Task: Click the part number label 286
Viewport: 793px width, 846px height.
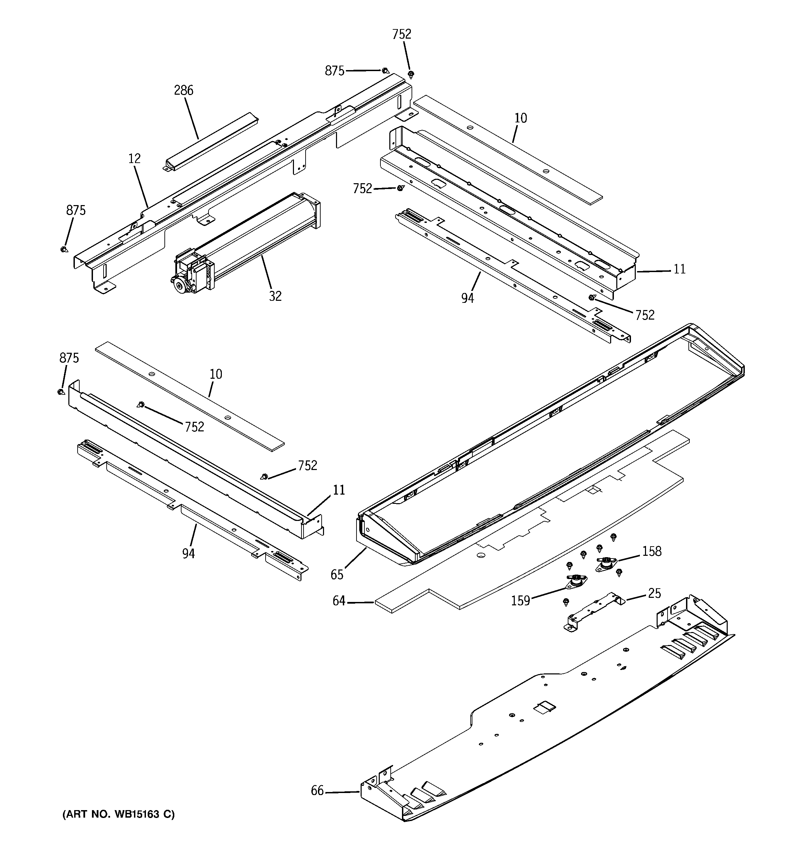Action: coord(184,90)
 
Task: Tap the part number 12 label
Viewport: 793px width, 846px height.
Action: coord(135,159)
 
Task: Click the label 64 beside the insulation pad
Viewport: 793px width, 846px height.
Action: coord(339,602)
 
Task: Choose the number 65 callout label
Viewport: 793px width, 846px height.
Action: coord(337,575)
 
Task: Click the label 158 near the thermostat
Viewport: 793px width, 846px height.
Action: coord(652,551)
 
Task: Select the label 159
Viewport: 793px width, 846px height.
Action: coord(520,601)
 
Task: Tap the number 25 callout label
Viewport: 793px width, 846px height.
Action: coord(654,593)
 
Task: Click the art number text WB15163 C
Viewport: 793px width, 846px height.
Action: coord(119,815)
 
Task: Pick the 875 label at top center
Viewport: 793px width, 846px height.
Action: coord(335,71)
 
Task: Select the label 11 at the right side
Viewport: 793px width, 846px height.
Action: coord(680,269)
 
